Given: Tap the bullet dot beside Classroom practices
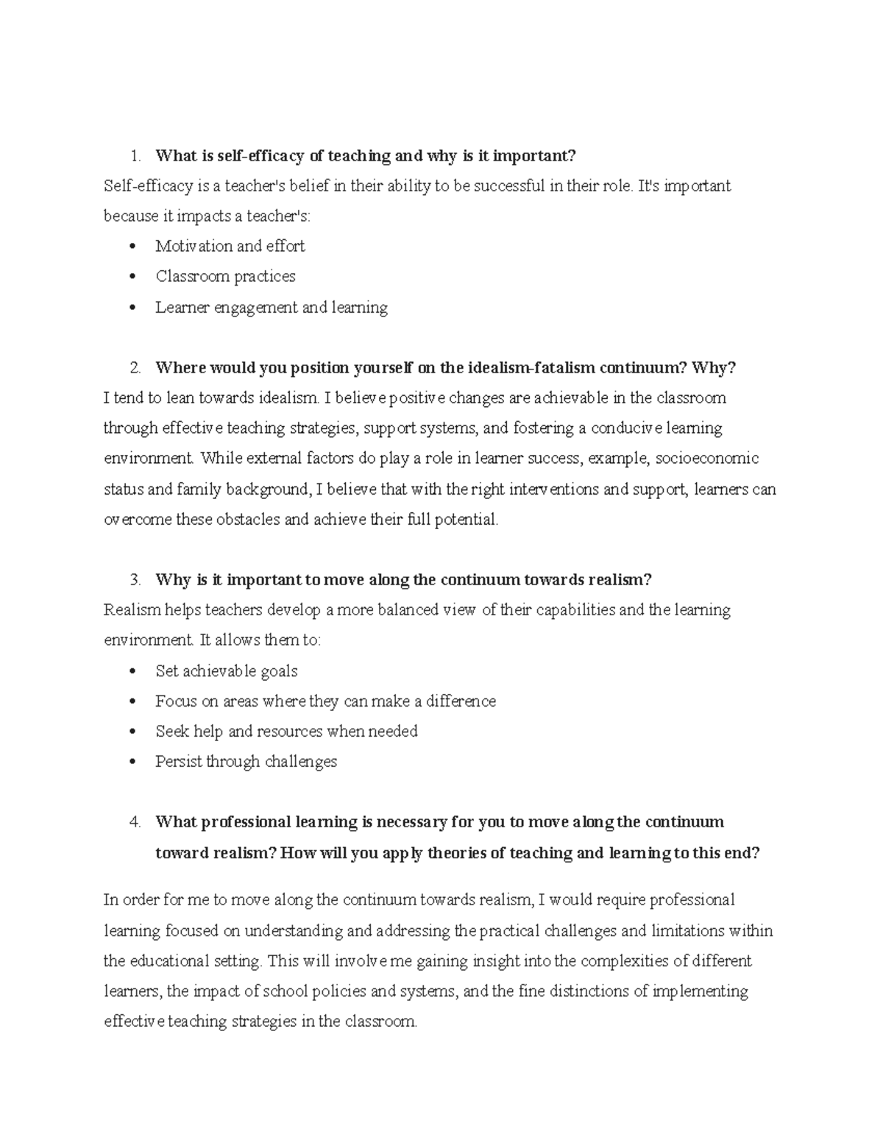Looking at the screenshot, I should (x=132, y=277).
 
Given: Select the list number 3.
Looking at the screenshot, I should (x=134, y=580).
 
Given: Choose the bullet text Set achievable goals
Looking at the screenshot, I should (x=227, y=671).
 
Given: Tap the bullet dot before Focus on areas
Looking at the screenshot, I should (x=132, y=701).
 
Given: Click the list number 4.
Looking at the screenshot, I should (x=134, y=822).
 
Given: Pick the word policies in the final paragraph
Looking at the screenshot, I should (x=329, y=991).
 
